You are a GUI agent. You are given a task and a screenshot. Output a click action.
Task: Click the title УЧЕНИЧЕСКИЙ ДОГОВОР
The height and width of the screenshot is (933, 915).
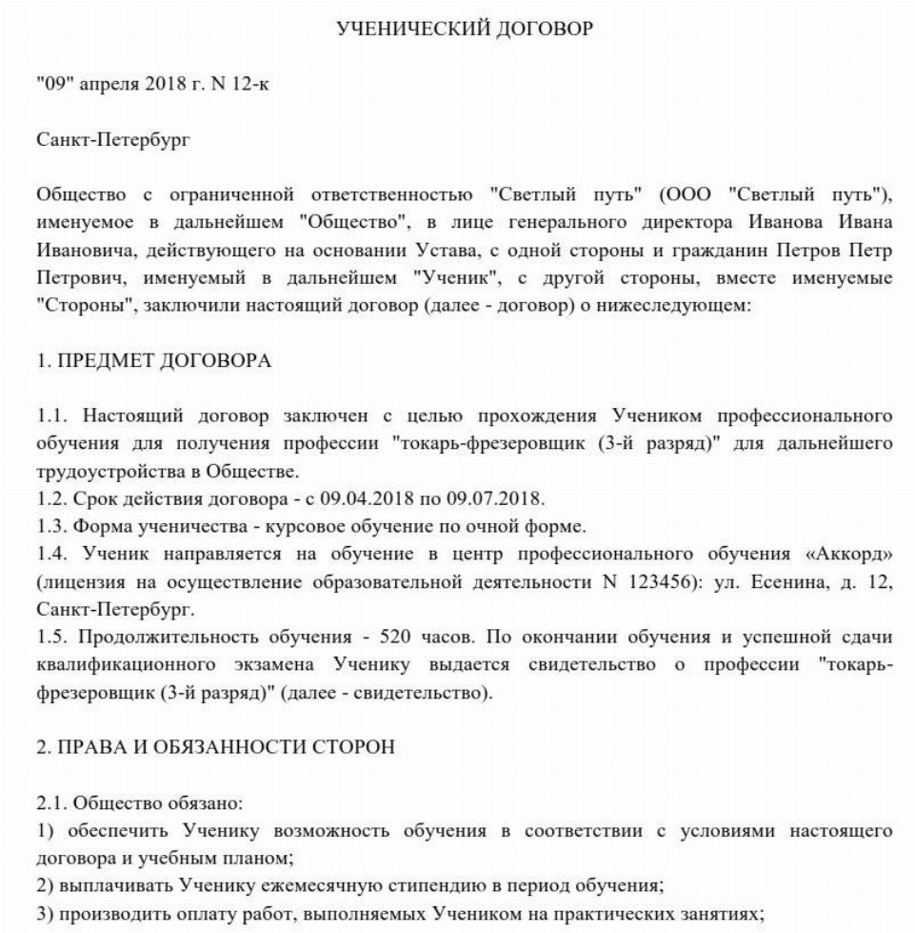[x=465, y=30]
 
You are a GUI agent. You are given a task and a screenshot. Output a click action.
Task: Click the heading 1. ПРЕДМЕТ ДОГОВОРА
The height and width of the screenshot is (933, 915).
[x=153, y=361]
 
